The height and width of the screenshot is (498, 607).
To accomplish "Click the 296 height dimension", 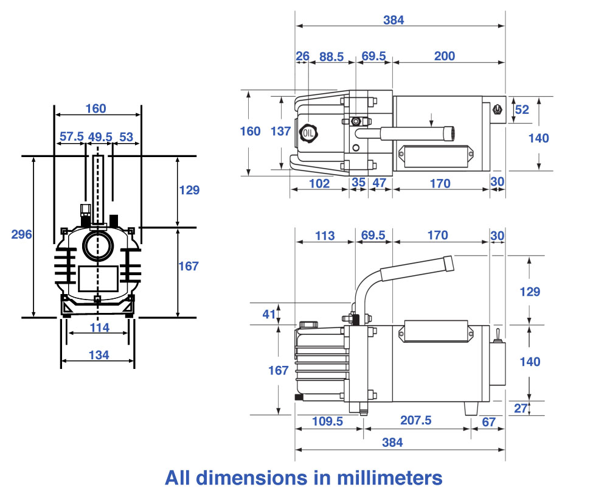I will tap(21, 234).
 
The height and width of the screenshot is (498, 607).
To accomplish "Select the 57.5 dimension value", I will tap(71, 136).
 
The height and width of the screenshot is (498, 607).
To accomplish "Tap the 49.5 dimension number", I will tap(100, 136).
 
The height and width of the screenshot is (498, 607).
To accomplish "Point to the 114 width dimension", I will tap(99, 328).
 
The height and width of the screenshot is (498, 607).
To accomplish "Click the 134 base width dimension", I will tap(98, 355).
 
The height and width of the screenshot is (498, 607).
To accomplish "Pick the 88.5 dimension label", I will tap(331, 57).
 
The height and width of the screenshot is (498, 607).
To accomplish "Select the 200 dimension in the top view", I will tap(445, 56).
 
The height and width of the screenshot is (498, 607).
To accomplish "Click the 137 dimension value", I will tap(280, 130).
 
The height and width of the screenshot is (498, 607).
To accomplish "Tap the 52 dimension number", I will tap(522, 110).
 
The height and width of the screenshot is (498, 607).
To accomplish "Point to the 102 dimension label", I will tap(319, 183).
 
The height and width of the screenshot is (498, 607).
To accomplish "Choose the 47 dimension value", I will tap(380, 183).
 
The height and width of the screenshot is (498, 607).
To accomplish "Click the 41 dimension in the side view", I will tap(269, 314).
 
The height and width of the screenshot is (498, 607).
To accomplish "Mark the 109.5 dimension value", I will tap(327, 421).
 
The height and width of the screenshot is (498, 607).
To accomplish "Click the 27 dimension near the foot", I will tap(521, 408).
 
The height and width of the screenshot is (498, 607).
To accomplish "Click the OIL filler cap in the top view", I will tap(308, 132).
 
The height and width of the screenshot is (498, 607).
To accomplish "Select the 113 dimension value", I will tap(325, 236).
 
